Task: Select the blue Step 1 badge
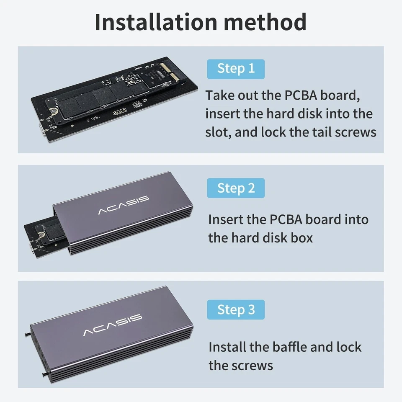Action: click(x=236, y=69)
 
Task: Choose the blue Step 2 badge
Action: click(x=236, y=188)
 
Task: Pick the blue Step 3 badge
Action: click(x=236, y=309)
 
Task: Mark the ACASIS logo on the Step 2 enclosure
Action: click(x=124, y=205)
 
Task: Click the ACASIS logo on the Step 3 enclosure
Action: click(x=113, y=325)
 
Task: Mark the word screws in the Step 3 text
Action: click(x=253, y=365)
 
